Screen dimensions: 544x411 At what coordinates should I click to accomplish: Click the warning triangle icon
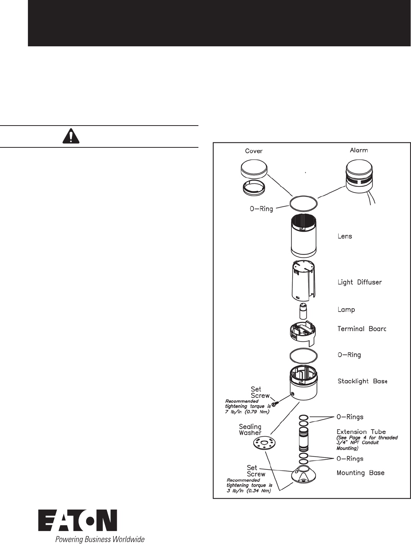[70, 136]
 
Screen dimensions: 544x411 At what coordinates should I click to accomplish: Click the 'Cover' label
[254, 151]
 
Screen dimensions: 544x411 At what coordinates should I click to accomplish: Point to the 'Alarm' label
[359, 150]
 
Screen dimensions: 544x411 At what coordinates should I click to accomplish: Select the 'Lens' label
[344, 236]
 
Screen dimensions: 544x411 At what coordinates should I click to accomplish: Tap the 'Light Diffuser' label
[359, 282]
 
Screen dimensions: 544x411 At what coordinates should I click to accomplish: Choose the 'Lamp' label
[346, 309]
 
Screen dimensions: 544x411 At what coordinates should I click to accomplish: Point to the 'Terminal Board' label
[361, 329]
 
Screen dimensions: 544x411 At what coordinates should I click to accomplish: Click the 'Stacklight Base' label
[362, 381]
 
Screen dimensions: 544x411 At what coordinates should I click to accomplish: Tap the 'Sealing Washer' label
[250, 430]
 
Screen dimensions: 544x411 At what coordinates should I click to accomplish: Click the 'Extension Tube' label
[361, 431]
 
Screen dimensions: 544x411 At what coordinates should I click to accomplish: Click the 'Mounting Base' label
[360, 473]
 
